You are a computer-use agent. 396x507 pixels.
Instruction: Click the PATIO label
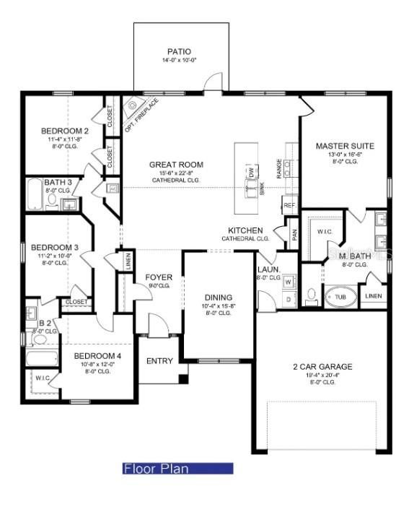coord(179,51)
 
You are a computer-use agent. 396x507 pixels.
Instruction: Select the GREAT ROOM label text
coord(176,165)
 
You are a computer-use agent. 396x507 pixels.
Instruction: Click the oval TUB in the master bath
coord(339,296)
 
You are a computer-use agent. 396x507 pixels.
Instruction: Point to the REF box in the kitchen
coord(290,206)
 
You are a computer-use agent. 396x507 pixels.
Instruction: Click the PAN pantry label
coord(294,234)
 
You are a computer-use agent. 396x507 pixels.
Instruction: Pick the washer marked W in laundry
coord(286,281)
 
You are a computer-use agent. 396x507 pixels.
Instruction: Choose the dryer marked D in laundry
coord(286,298)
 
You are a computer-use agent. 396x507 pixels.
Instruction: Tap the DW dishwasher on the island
coord(251,173)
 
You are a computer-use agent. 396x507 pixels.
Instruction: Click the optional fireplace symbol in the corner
coord(134,108)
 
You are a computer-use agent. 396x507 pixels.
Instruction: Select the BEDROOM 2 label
coord(64,131)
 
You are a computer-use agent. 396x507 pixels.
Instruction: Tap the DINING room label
coord(218,297)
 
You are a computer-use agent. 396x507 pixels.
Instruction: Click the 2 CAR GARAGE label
coord(322,367)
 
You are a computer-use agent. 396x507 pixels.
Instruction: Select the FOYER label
coord(158,277)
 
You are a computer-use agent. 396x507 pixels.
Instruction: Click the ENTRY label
coord(159,360)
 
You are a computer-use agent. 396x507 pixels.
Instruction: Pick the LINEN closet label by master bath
coord(373,295)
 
